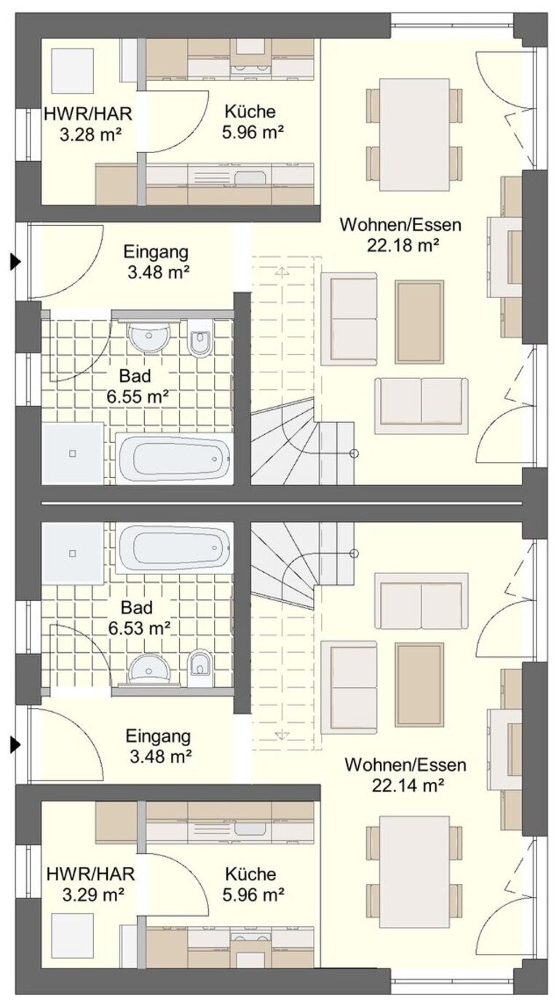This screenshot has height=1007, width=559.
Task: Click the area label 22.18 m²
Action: tap(403, 246)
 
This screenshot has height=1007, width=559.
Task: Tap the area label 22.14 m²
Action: tap(408, 785)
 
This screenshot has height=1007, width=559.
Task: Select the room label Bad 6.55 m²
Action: tap(138, 386)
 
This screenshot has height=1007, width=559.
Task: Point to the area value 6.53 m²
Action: tap(139, 627)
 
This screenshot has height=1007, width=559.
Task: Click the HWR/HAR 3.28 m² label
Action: tap(88, 124)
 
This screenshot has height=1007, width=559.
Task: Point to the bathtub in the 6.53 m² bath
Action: tap(174, 547)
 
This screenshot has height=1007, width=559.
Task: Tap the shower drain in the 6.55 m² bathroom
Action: tap(73, 453)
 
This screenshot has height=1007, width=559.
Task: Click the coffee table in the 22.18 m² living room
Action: tap(419, 322)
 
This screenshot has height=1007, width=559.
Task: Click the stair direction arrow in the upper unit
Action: tap(282, 272)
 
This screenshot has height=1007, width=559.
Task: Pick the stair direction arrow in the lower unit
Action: tap(282, 735)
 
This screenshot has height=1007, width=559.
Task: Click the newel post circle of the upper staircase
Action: tap(354, 454)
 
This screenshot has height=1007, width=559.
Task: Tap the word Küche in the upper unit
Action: tap(250, 111)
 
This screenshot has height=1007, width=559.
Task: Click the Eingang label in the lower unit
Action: tap(158, 737)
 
